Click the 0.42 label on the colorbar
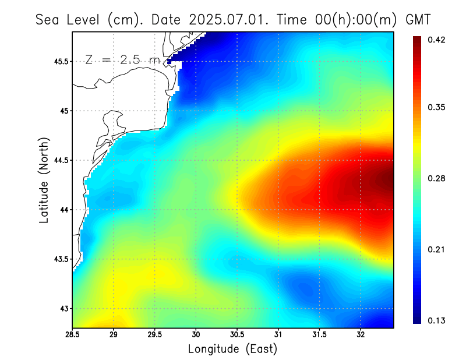437,40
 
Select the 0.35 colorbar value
437,107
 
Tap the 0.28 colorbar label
437,178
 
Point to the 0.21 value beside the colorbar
437,249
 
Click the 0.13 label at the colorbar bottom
437,320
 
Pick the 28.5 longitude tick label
73,335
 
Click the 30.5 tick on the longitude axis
237,335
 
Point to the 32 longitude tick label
361,335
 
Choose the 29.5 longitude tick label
155,335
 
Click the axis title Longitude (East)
232,349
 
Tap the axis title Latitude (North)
44,180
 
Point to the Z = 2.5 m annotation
122,59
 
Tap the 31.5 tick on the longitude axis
319,335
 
